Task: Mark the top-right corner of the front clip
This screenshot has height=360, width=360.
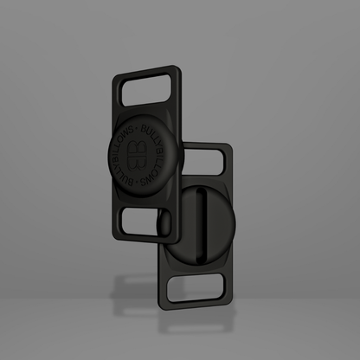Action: (x=177, y=67)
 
